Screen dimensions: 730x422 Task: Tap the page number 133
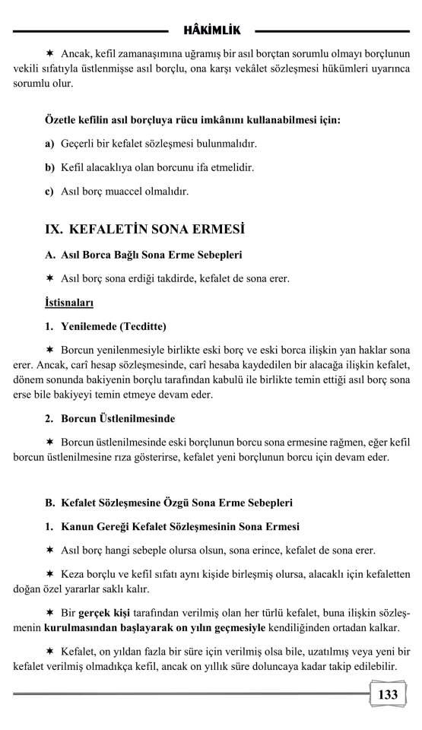pos(388,693)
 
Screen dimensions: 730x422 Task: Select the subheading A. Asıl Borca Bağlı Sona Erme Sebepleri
pos(151,254)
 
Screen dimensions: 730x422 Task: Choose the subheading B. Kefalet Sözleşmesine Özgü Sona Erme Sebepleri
pos(168,503)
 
